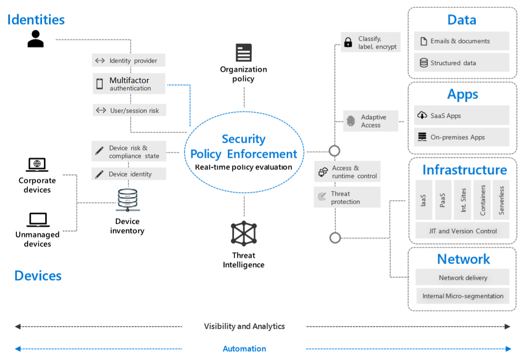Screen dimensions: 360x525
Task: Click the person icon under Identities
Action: (x=35, y=39)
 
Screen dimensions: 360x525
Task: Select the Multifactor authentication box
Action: (x=129, y=84)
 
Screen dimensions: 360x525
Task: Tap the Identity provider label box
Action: (x=129, y=61)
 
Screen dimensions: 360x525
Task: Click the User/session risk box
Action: (x=129, y=111)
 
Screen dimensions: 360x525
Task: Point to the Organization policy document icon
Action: (x=243, y=53)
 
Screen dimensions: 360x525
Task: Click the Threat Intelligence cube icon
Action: (x=244, y=233)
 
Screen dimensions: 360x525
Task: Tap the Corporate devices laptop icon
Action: (x=37, y=165)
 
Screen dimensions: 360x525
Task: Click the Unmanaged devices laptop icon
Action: (x=37, y=219)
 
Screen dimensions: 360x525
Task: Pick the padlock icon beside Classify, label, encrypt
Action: (x=348, y=42)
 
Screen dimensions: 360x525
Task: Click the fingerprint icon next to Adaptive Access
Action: (x=351, y=121)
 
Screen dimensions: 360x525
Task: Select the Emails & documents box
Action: (x=461, y=41)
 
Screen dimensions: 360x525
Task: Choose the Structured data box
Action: (x=461, y=63)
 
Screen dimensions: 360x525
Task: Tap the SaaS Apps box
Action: (x=461, y=116)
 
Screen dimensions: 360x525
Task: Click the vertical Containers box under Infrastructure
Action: (x=482, y=200)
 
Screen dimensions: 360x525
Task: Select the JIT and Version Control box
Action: (x=462, y=231)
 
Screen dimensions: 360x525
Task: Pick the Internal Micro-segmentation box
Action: (x=462, y=296)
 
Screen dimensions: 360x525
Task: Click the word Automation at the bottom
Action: (x=244, y=349)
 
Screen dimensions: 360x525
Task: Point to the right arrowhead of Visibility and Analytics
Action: (x=508, y=326)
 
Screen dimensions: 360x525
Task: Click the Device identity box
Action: (x=129, y=174)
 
